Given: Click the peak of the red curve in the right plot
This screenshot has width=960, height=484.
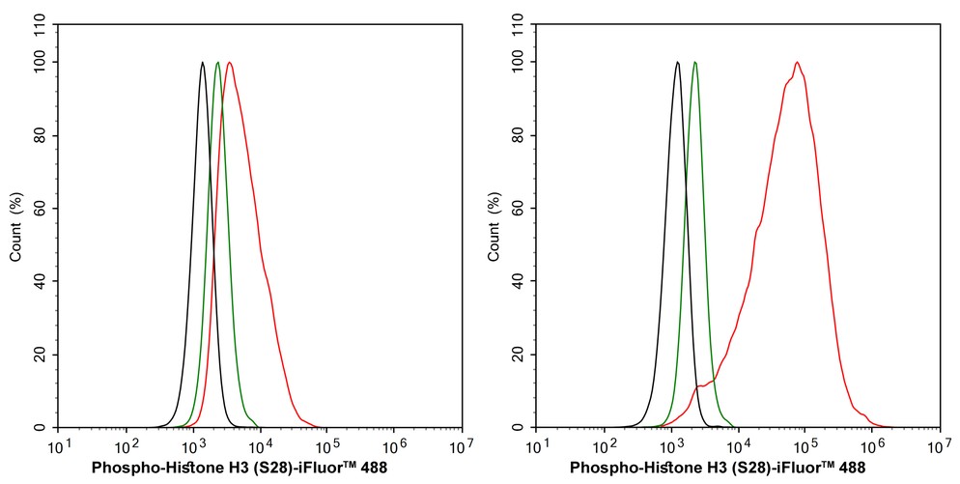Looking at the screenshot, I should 798,63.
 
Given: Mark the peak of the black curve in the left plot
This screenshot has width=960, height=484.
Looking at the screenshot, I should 202,63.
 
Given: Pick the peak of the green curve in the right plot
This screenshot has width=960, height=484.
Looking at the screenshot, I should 694,63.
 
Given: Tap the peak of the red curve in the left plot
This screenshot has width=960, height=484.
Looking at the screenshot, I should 230,63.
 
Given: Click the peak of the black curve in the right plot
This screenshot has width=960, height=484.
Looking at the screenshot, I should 677,63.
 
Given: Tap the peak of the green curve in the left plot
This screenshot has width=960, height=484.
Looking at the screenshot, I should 217,63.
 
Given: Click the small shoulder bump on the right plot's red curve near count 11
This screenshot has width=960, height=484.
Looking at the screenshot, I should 700,386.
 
